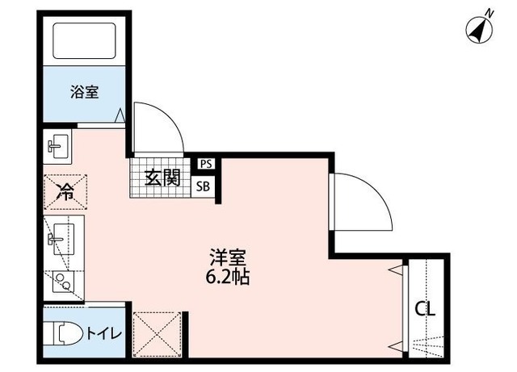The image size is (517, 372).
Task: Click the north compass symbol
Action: (x=481, y=29)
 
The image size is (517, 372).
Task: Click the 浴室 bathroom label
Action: (x=83, y=91)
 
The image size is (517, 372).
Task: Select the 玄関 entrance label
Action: (x=162, y=178)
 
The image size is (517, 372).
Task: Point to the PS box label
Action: (x=206, y=163)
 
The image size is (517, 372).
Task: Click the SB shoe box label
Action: (x=206, y=185)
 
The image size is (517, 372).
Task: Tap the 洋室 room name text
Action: (x=228, y=258)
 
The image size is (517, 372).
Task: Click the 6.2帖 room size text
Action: (x=228, y=278)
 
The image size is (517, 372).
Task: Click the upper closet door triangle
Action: (x=396, y=270)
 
